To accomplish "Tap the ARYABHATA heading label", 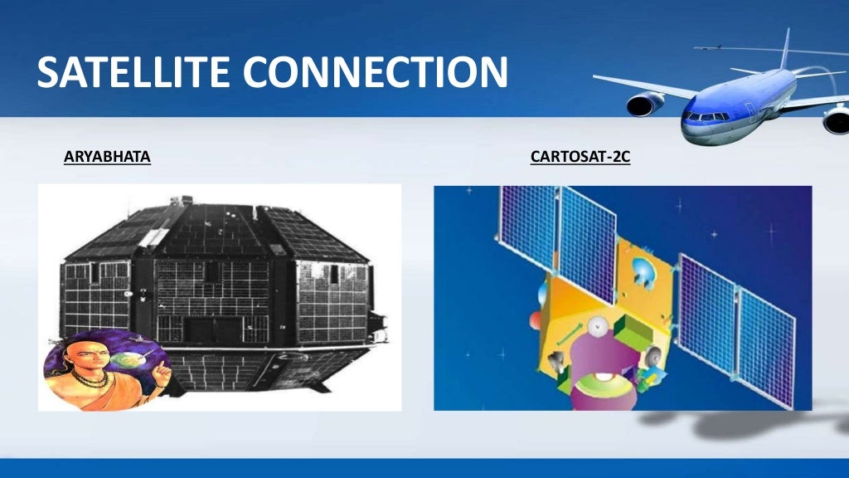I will (107, 156).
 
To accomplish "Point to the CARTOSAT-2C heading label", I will (580, 156).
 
